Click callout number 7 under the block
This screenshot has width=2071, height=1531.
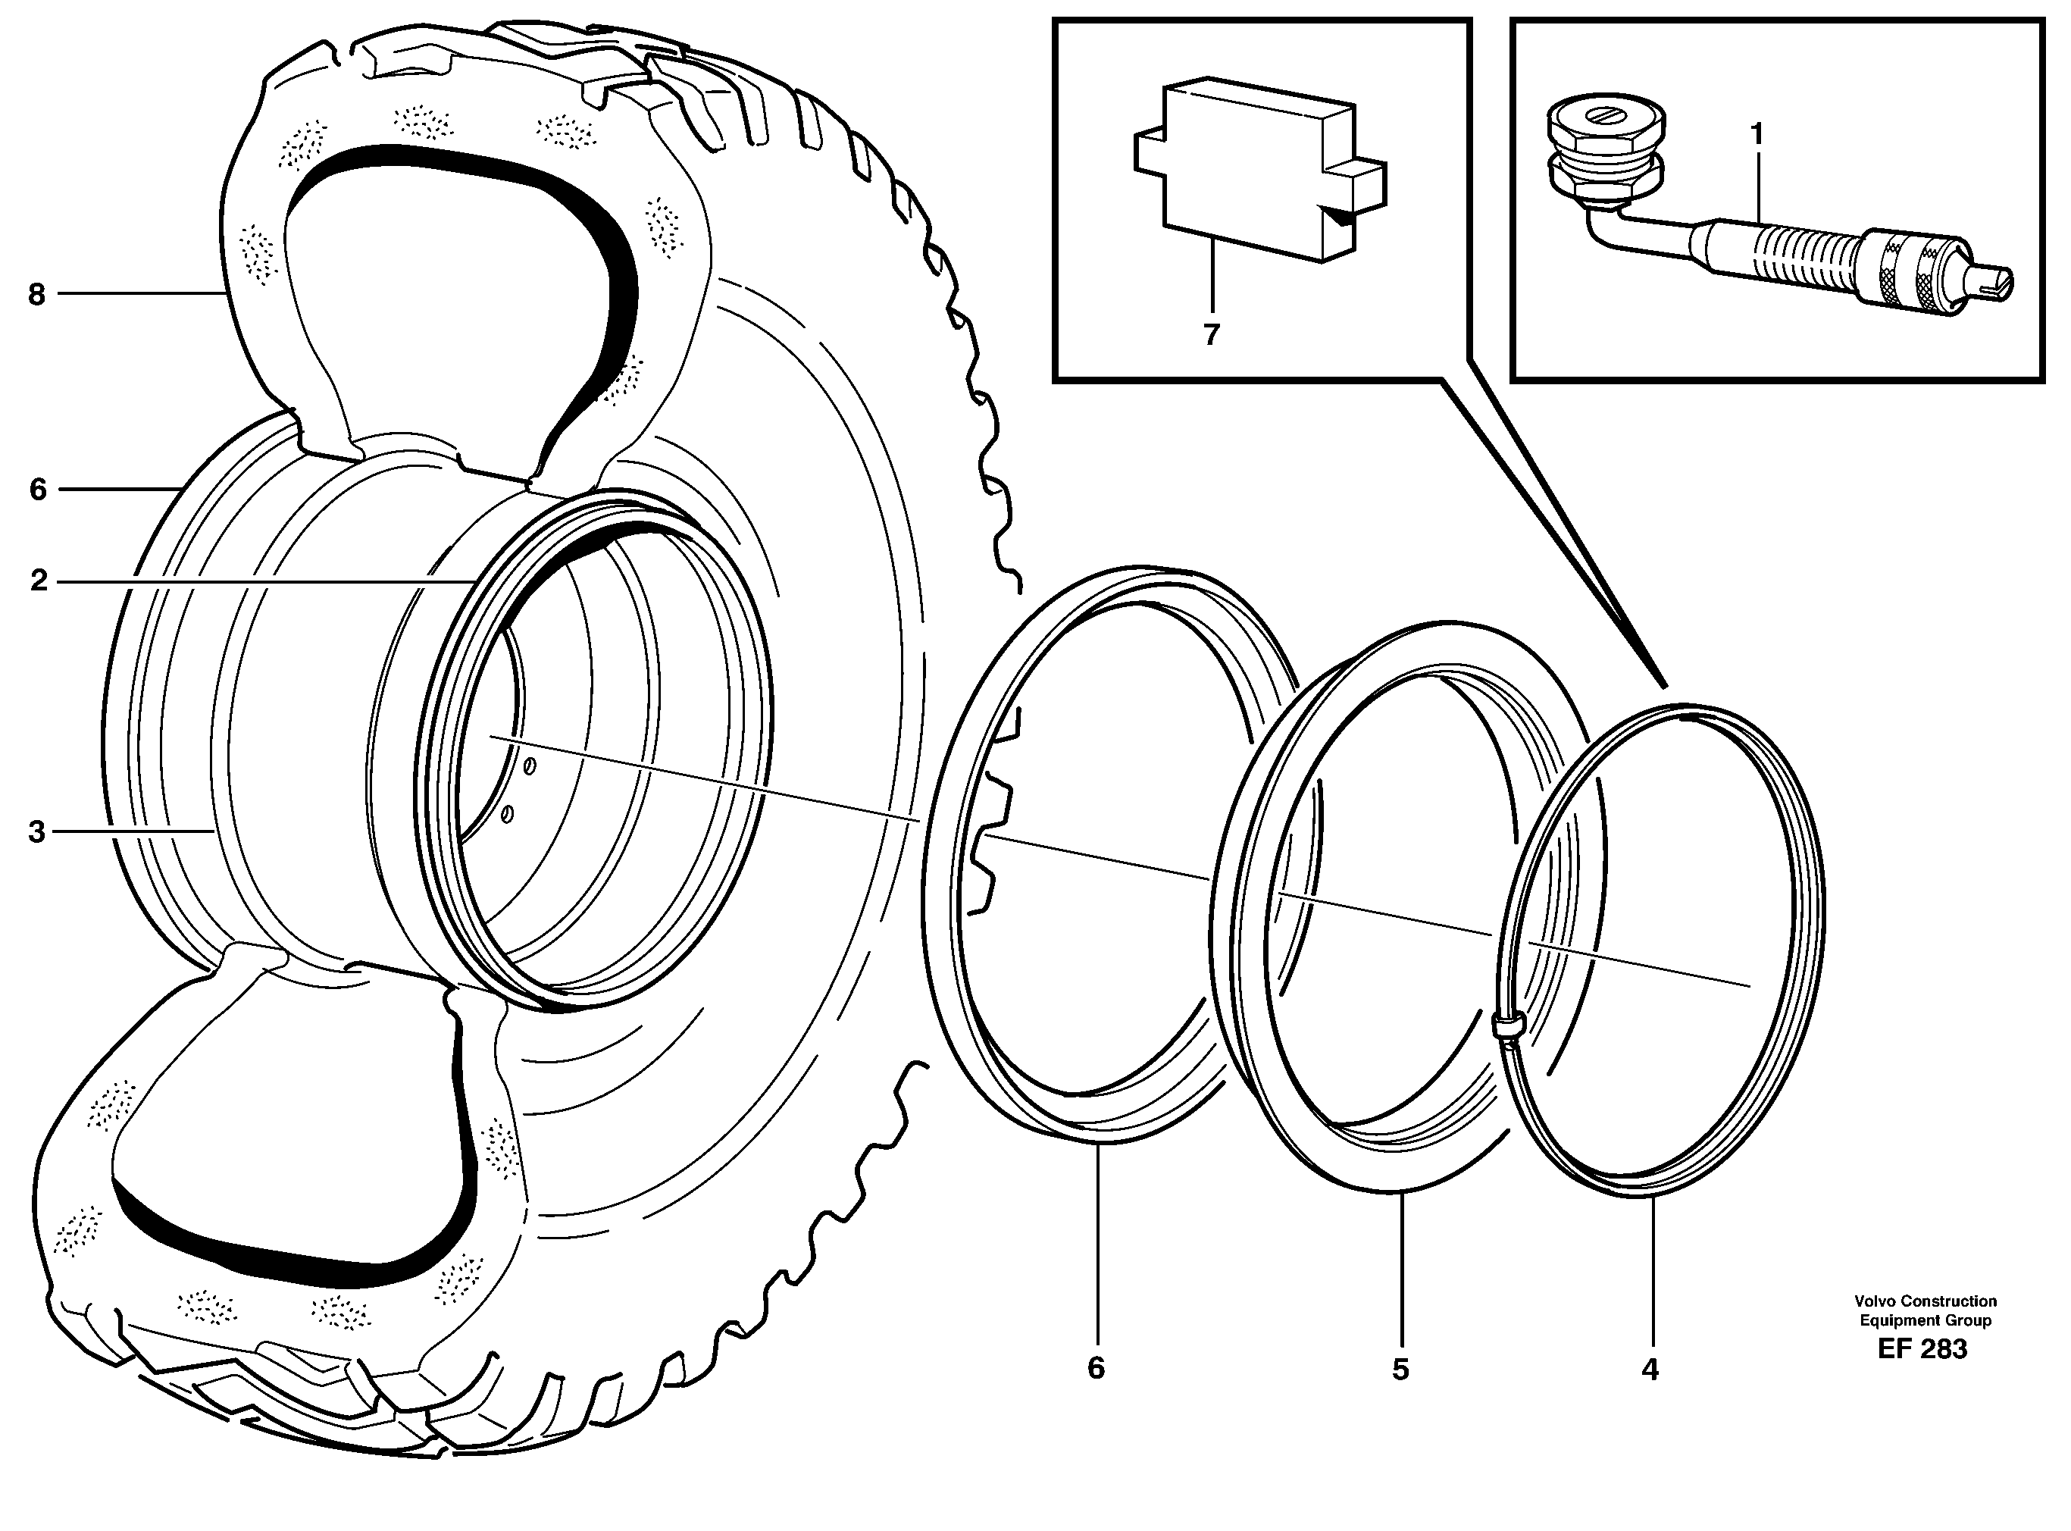(1211, 334)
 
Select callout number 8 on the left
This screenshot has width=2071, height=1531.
(36, 295)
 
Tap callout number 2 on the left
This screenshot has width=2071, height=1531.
(38, 582)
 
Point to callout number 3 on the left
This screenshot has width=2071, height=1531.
(36, 832)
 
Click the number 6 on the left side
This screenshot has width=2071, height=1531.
(37, 490)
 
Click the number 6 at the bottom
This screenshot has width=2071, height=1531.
(1097, 1368)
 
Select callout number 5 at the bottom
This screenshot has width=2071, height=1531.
(1400, 1369)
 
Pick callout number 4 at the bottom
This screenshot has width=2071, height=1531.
(1650, 1369)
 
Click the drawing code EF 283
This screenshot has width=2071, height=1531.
(1922, 1348)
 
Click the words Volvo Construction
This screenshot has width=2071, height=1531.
(1924, 1301)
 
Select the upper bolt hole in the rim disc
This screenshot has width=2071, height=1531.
(529, 767)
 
